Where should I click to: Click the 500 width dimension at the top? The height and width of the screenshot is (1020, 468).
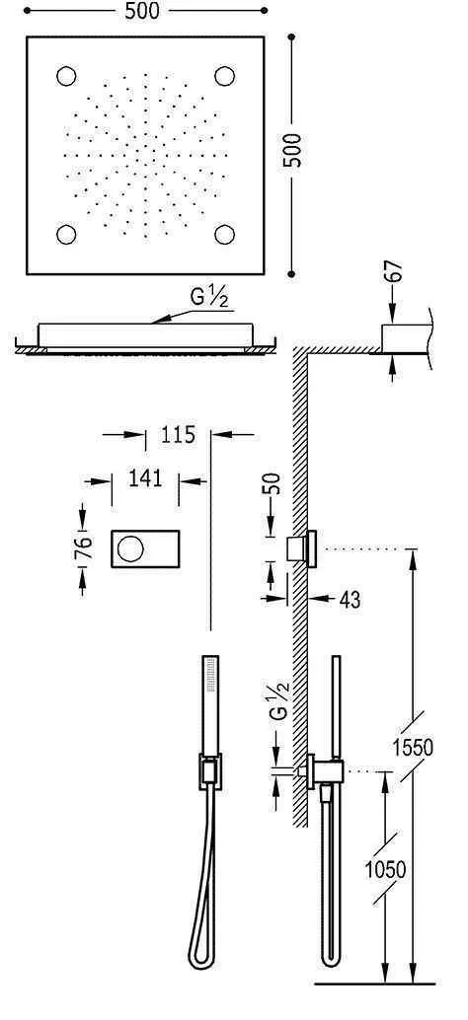pos(145,12)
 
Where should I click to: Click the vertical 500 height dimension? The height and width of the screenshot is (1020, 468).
pos(292,150)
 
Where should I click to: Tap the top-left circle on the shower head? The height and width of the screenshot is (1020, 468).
pos(68,76)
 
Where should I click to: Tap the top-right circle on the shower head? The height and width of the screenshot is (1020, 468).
pos(224,76)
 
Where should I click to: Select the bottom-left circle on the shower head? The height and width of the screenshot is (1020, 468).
pos(68,233)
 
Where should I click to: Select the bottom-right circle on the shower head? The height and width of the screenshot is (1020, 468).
pos(224,233)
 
